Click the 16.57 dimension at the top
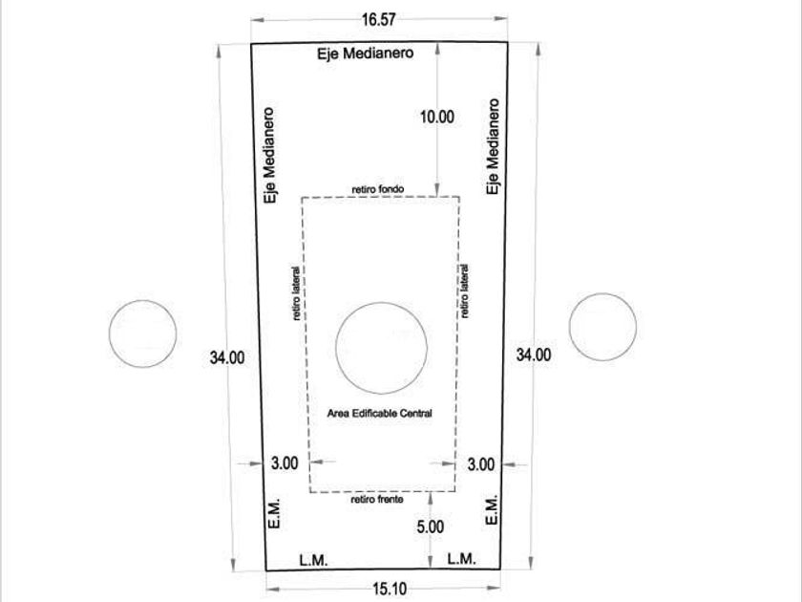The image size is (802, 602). pos(379,19)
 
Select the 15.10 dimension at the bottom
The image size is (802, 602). pos(390,590)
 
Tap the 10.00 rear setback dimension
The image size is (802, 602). pos(437,117)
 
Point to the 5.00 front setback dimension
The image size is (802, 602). pos(431,527)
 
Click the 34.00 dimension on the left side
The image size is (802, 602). pos(227,357)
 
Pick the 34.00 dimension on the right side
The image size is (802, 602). pos(534,355)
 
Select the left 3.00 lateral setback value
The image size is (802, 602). pos(285,463)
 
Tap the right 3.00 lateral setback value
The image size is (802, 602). pos(481,464)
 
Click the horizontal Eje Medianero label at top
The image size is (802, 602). pos(365,54)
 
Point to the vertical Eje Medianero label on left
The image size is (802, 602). pos(269,155)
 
